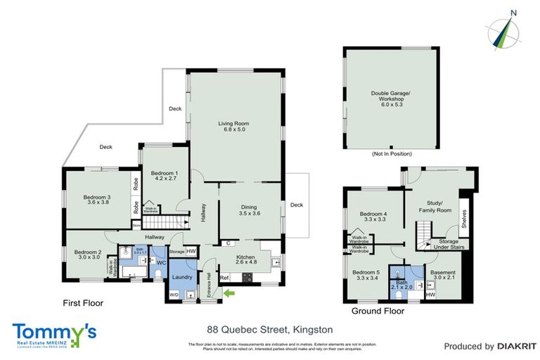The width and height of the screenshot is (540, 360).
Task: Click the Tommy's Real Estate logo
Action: (54, 335)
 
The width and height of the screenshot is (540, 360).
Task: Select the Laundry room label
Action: (183, 277)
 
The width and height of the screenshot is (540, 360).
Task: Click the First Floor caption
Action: (82, 304)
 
